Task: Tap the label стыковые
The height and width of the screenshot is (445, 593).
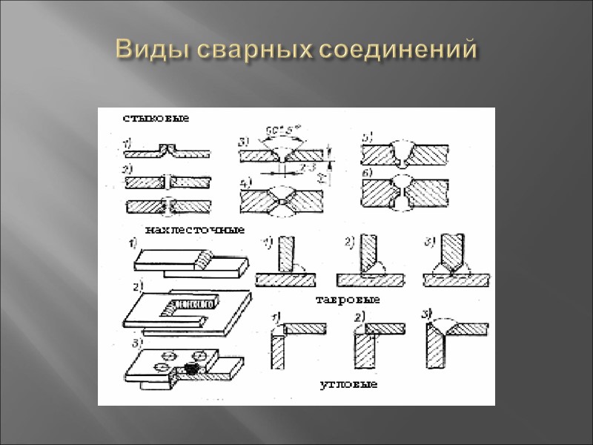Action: coord(156,118)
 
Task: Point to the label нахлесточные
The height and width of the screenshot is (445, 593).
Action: coord(196,229)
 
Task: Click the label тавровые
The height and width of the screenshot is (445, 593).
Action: coord(348,300)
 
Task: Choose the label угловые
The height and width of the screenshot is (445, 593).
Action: coord(349,385)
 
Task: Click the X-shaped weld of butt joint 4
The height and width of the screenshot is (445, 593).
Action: coord(282,198)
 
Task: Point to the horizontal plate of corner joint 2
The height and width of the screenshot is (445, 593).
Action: coord(388,327)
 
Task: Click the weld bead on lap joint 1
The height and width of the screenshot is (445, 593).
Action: coord(202,259)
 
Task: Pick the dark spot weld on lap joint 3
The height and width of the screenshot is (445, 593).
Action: coord(193,368)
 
